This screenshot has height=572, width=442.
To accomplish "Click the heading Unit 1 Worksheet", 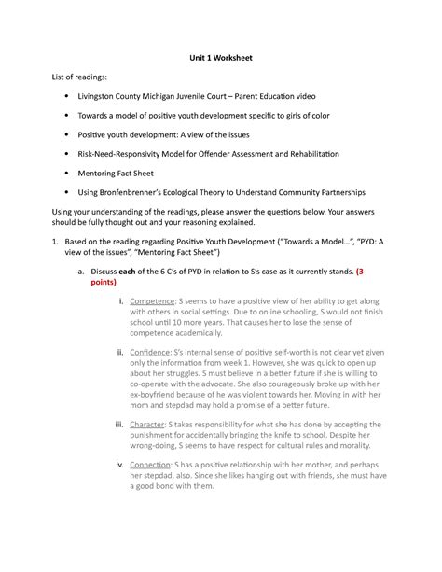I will pyautogui.click(x=221, y=58).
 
